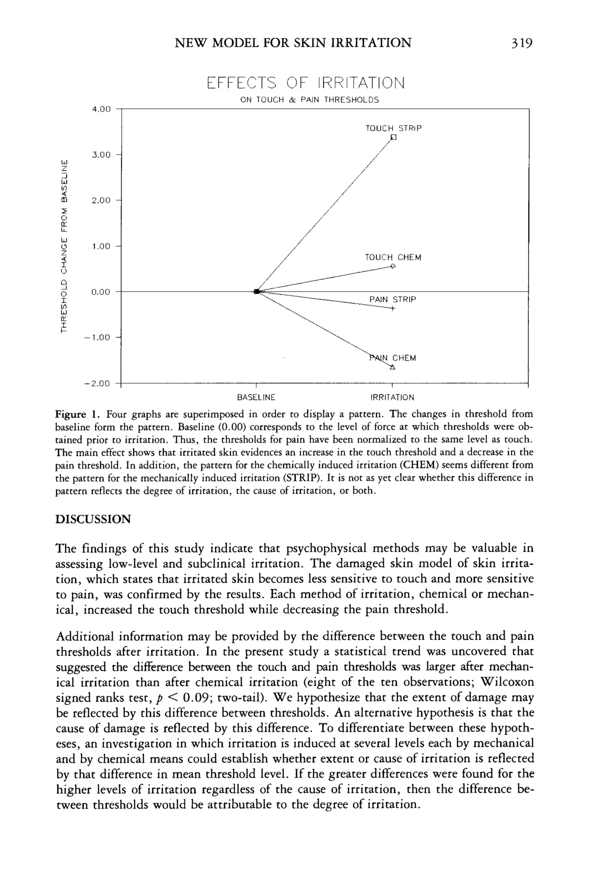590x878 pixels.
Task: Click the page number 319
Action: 522,43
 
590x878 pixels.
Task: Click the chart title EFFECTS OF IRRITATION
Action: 306,83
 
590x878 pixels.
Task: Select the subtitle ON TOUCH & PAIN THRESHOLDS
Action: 309,100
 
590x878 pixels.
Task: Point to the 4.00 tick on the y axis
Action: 101,109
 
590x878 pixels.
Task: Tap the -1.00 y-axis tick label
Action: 97,337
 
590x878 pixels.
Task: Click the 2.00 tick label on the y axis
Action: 101,201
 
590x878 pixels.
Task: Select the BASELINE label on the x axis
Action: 256,398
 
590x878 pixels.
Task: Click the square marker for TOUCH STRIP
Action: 394,137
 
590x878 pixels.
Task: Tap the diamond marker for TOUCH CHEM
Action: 393,266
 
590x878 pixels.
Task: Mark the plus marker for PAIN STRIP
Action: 393,309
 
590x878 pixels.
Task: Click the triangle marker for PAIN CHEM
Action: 393,367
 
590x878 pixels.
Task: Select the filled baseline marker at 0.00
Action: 257,291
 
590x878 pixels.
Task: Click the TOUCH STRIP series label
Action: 393,128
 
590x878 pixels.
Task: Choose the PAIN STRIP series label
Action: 393,300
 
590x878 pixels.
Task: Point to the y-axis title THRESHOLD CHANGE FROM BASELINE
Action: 64,246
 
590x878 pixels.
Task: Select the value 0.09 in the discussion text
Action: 196,698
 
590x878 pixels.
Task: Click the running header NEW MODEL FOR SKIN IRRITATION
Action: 293,43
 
